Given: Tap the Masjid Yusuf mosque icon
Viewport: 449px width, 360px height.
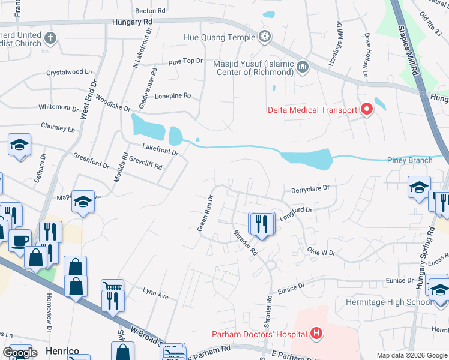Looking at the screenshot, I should point(303,67).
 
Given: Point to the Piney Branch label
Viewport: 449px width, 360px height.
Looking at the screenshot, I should point(410,160).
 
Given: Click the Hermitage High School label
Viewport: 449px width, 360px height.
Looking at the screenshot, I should point(388,302).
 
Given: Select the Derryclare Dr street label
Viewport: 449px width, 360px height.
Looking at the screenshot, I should point(310,188).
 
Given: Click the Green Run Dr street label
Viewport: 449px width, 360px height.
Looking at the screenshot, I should point(206,213).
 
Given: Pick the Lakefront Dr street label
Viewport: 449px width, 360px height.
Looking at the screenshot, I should point(160,149).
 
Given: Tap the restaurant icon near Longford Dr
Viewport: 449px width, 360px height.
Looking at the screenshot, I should point(261,223).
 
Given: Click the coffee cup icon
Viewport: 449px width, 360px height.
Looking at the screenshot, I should point(20,239).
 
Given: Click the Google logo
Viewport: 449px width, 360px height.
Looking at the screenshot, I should point(20,353).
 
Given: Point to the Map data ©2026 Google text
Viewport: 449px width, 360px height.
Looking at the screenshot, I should point(412,355).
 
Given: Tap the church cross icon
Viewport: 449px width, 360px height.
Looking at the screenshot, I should point(50,38).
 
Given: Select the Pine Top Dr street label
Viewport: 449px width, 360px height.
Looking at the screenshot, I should point(187,61).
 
